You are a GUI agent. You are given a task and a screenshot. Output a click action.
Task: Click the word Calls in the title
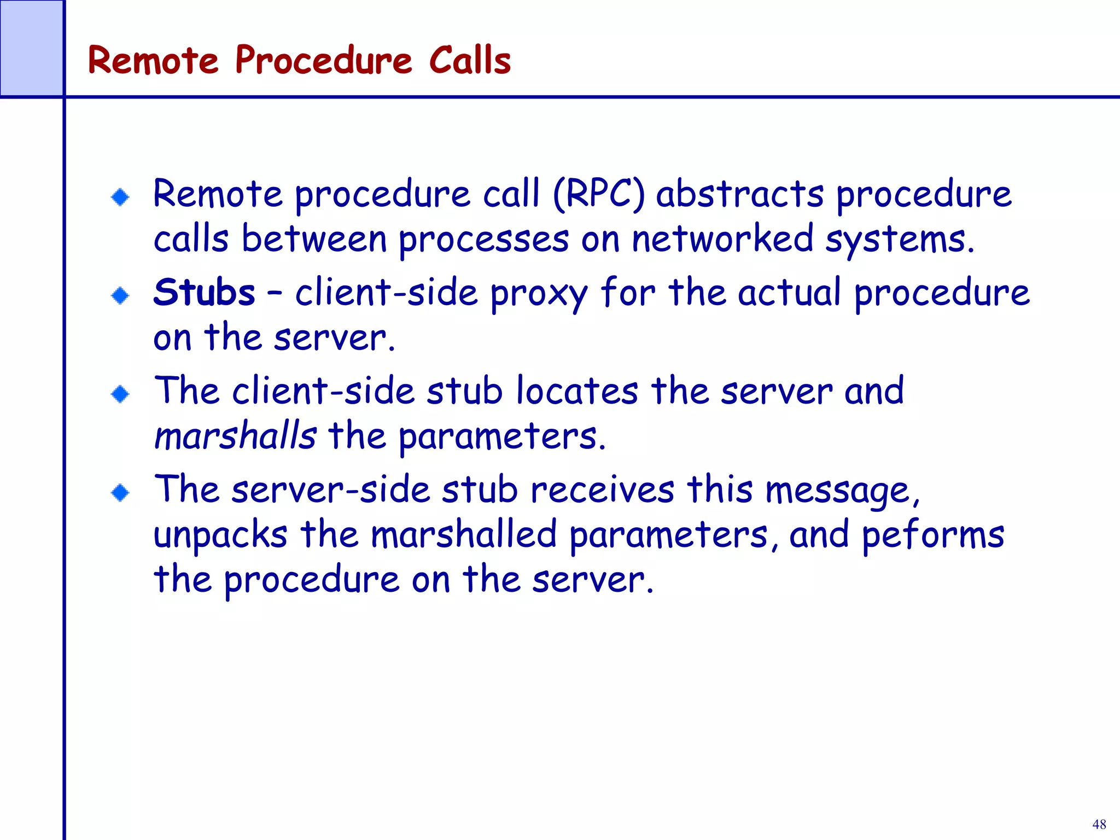tap(470, 60)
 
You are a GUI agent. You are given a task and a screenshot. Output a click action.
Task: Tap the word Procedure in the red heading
tap(323, 60)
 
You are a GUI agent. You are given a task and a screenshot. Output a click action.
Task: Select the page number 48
tap(1099, 824)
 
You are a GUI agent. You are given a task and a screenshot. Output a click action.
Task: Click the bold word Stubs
tap(204, 292)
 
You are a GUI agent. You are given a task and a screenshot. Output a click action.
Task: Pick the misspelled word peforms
tap(934, 535)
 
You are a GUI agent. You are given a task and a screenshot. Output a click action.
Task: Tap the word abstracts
tap(740, 194)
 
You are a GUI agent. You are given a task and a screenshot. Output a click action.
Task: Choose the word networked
tap(722, 238)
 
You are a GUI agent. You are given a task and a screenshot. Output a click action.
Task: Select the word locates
tap(577, 391)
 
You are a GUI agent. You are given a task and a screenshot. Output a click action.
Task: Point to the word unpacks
tap(220, 535)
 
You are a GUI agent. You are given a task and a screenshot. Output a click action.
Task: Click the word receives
tap(602, 489)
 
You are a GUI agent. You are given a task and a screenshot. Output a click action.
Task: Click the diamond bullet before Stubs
tap(120, 296)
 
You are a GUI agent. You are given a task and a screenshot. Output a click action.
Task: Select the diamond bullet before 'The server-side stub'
tap(120, 493)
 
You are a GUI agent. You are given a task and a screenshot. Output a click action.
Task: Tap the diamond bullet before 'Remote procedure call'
tap(120, 197)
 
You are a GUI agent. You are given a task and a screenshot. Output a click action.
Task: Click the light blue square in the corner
tap(31, 48)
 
